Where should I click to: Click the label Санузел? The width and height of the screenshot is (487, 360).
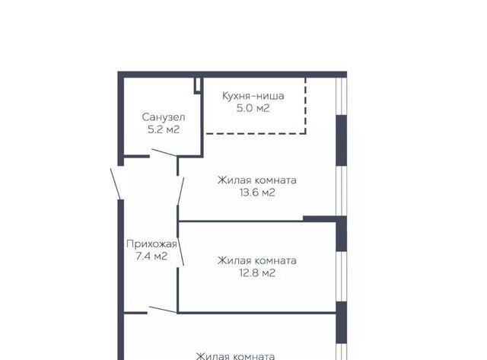click(164, 117)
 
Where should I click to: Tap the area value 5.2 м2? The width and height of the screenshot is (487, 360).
click(164, 129)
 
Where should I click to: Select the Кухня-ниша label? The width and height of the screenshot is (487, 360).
click(253, 96)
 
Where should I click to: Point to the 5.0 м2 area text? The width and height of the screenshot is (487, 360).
click(253, 108)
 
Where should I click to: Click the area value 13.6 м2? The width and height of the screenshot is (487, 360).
click(257, 193)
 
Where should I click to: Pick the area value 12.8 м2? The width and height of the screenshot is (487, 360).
click(257, 273)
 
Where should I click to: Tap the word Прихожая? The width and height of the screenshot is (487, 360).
click(151, 244)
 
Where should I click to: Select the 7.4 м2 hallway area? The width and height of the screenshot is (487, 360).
click(151, 256)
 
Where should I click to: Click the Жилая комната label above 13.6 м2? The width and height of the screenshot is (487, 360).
click(257, 180)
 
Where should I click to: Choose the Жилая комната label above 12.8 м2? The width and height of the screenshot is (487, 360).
click(257, 260)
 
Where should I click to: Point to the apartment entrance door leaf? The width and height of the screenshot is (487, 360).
click(115, 183)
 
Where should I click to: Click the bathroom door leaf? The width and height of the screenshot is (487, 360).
click(164, 152)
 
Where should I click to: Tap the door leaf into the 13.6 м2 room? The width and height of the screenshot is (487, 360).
click(180, 191)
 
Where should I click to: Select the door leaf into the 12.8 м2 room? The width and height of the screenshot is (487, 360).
click(180, 251)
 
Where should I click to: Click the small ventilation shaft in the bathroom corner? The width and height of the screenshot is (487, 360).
click(198, 85)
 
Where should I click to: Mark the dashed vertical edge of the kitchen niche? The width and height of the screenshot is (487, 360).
click(305, 106)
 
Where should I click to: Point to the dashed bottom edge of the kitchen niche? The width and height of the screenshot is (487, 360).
click(256, 133)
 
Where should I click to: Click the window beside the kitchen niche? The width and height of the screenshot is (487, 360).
click(342, 97)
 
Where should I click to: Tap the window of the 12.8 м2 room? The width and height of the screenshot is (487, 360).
click(342, 276)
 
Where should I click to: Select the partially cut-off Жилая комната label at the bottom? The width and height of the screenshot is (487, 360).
click(235, 356)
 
